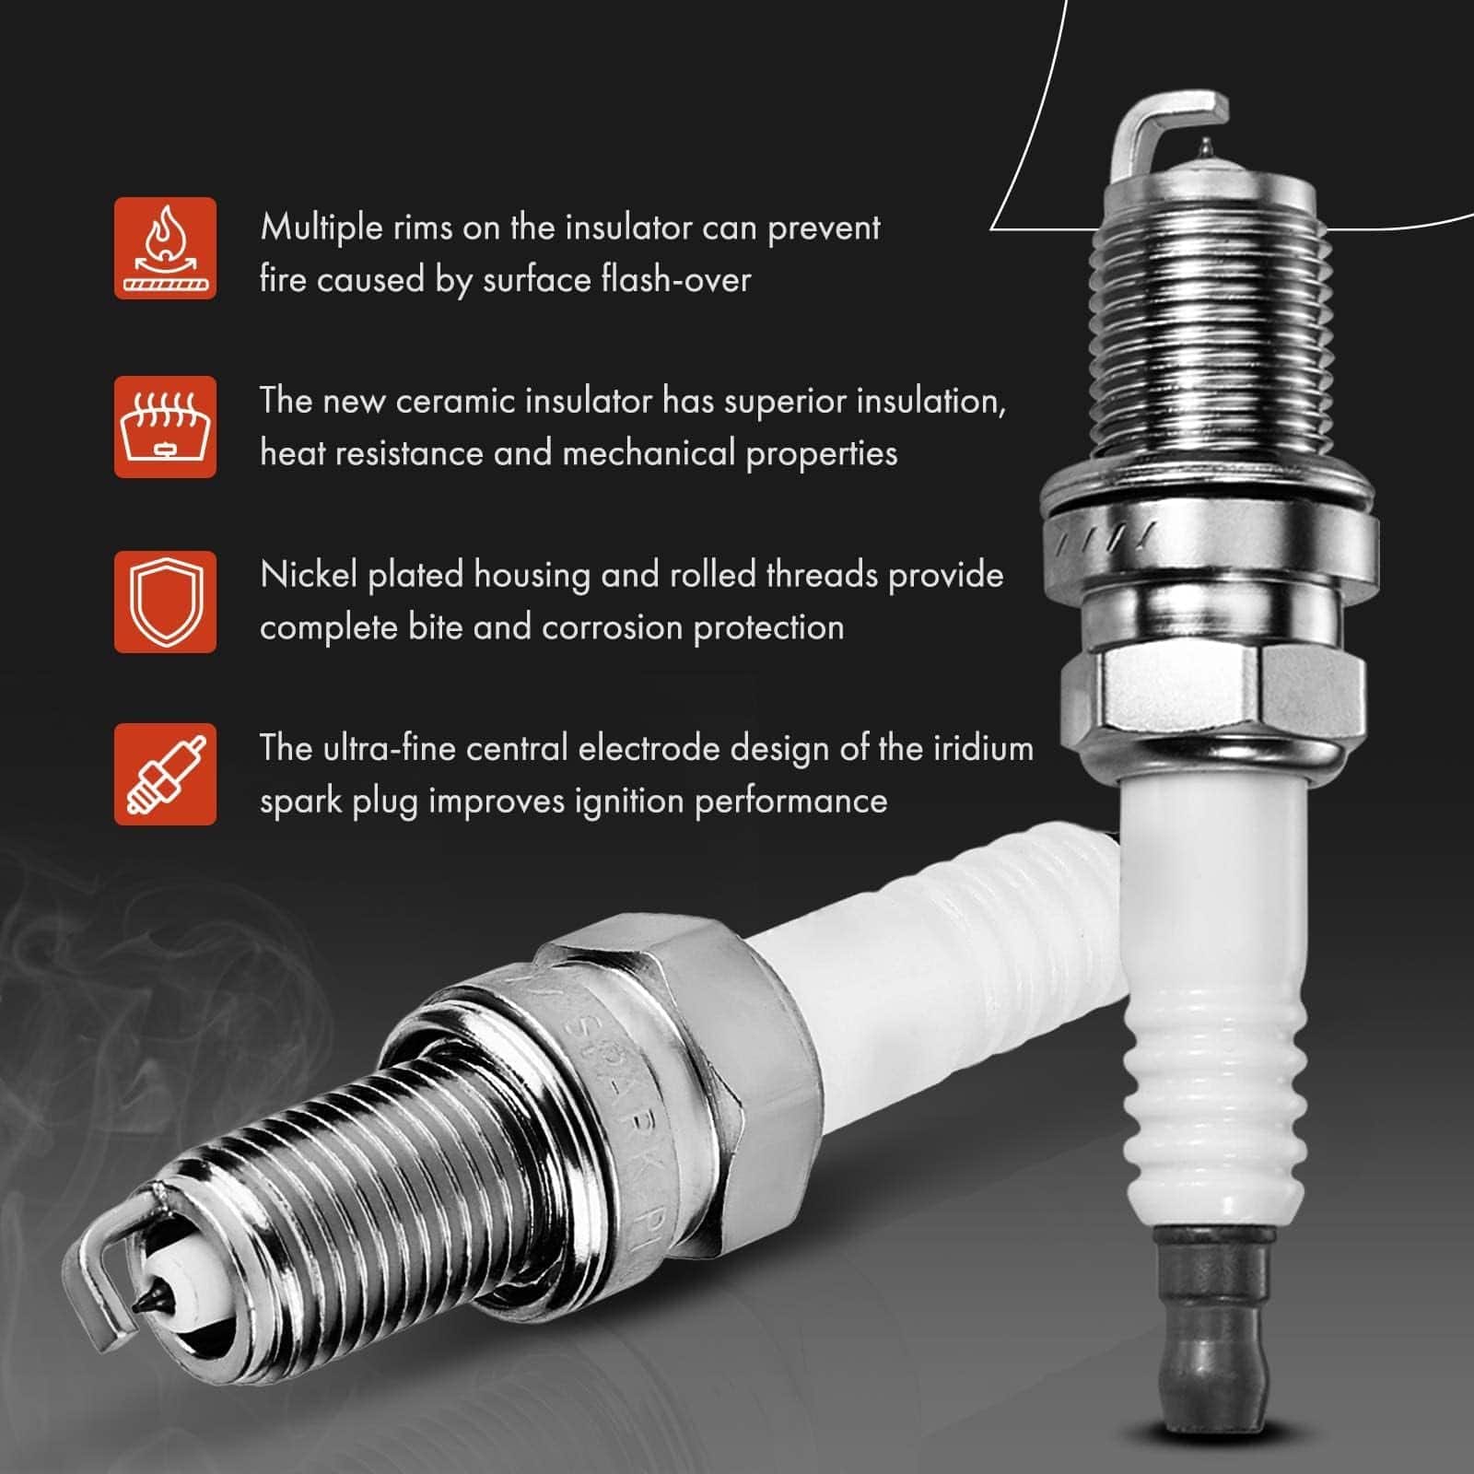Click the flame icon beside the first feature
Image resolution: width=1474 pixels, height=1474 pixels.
point(165,247)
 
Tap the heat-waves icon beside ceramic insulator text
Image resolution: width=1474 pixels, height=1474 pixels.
point(165,426)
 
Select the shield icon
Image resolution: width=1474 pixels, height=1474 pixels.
point(165,602)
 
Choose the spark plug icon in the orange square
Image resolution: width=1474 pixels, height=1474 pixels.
point(165,774)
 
